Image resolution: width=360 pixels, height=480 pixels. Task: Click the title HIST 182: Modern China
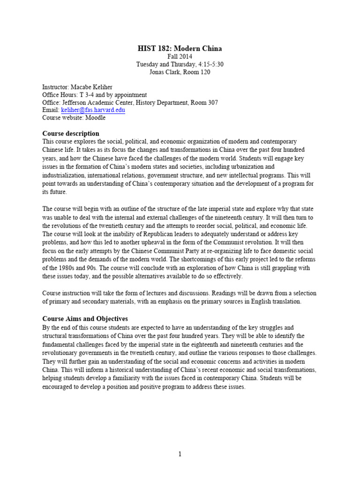click(x=180, y=48)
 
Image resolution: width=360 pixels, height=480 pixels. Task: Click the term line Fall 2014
click(x=180, y=57)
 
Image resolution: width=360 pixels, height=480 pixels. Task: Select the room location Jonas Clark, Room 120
click(x=180, y=72)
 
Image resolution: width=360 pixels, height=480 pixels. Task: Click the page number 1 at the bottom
click(x=180, y=454)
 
